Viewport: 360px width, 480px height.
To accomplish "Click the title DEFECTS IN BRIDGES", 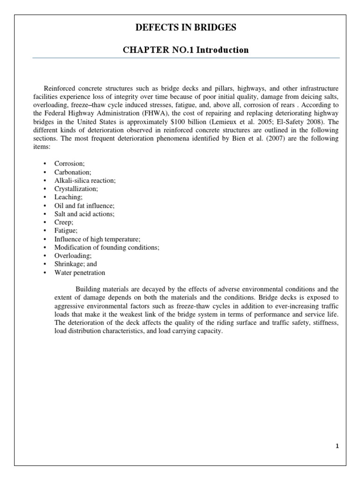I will (x=186, y=28).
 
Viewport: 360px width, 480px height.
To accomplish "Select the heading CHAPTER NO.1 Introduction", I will (x=186, y=50).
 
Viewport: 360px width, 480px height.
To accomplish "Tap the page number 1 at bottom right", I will (x=337, y=446).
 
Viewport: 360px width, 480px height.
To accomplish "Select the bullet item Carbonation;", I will (x=71, y=172).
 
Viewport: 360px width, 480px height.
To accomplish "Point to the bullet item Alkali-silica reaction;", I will (x=85, y=180).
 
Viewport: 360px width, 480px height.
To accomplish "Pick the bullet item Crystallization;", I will (x=76, y=189).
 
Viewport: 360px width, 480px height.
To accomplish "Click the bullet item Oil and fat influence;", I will (x=84, y=205).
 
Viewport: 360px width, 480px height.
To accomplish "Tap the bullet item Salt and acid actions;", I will (x=84, y=214).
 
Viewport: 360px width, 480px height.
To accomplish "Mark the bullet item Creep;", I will (x=64, y=222).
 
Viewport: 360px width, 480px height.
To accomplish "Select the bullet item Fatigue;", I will (x=66, y=231).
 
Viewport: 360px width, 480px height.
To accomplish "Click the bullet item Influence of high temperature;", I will (x=97, y=239).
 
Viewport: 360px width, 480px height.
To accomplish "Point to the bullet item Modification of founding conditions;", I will (x=107, y=247).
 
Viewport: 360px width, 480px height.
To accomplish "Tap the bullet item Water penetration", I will (x=80, y=272).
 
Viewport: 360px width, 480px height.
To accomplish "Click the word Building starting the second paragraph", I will (x=88, y=289).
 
